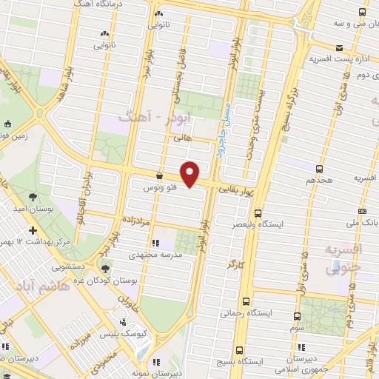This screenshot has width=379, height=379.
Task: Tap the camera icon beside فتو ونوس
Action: pos(159,176)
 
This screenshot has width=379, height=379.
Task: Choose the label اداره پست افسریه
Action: pos(334,57)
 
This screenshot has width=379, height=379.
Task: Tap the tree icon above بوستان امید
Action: pos(33,197)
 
